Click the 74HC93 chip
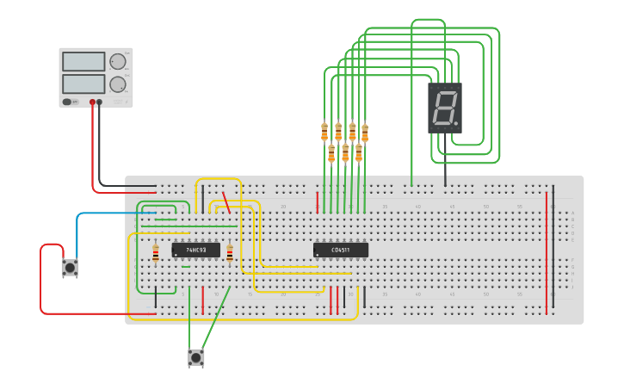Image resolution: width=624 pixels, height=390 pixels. [x=195, y=250]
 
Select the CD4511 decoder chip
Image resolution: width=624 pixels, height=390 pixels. [x=340, y=250]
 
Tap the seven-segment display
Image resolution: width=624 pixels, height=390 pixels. [x=445, y=108]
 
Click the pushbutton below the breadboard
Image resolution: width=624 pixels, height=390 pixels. [x=196, y=357]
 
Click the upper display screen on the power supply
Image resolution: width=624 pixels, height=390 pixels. [x=83, y=62]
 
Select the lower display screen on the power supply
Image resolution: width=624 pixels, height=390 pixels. [x=83, y=84]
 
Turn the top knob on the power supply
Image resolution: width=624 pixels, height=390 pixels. [x=117, y=61]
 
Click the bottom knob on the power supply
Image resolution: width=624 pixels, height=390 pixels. [x=117, y=84]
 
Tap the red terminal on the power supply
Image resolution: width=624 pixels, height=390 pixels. [x=92, y=102]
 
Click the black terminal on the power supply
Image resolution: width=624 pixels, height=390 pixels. [x=99, y=102]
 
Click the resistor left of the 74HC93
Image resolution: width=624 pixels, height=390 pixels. [x=155, y=253]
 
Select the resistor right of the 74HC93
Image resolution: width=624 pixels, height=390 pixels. [x=230, y=253]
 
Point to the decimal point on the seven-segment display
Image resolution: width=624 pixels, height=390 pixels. [x=456, y=123]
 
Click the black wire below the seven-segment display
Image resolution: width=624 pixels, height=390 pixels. [x=445, y=172]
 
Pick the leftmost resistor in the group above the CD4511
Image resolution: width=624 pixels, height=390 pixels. [x=324, y=132]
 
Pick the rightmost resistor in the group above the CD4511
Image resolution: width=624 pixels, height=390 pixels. [x=365, y=133]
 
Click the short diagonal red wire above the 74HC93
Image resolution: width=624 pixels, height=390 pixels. [x=226, y=201]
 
